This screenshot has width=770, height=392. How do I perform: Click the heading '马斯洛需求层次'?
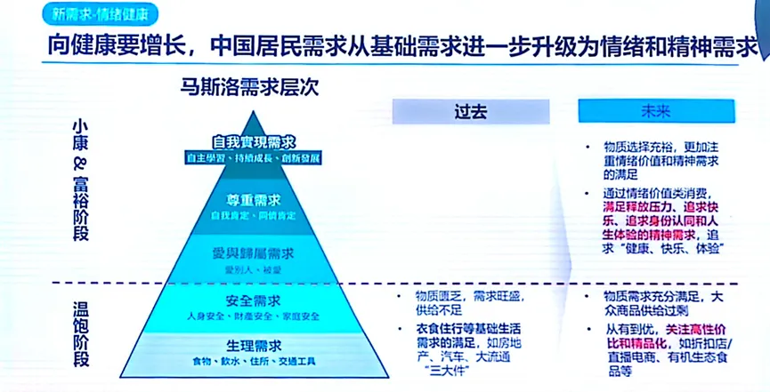pyautogui.click(x=244, y=88)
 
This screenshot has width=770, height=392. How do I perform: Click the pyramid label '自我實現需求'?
pyautogui.click(x=253, y=141)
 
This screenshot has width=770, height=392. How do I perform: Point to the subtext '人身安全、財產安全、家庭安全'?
pyautogui.click(x=253, y=316)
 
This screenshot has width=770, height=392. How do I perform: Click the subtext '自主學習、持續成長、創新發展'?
pyautogui.click(x=253, y=157)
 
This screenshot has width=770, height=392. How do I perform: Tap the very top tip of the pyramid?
pyautogui.click(x=254, y=111)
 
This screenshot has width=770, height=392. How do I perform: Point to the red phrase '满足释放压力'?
pyautogui.click(x=631, y=206)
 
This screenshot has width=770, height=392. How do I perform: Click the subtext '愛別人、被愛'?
pyautogui.click(x=253, y=267)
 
